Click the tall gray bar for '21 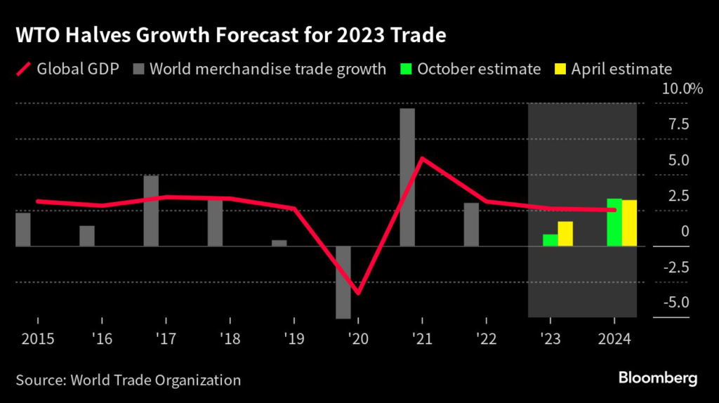click(x=407, y=177)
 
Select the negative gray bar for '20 click(x=343, y=282)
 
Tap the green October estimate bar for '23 click(x=550, y=240)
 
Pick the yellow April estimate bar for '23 click(x=565, y=234)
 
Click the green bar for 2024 click(x=614, y=223)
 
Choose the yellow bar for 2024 click(x=629, y=223)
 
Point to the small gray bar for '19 click(x=279, y=243)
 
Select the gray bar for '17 click(x=151, y=211)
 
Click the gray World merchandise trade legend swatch click(x=137, y=69)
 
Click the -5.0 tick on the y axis click(x=675, y=303)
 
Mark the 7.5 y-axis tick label click(x=678, y=124)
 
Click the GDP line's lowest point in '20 click(x=358, y=293)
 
